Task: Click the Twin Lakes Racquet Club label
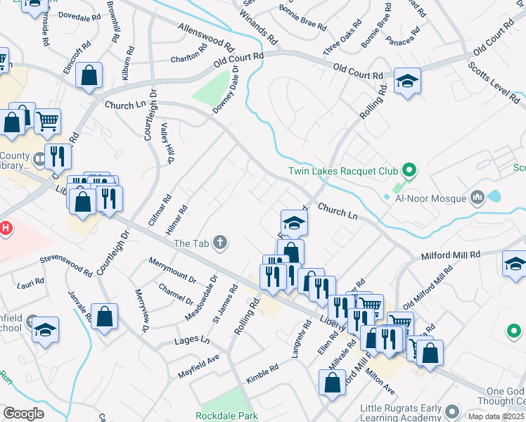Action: pyautogui.click(x=342, y=171)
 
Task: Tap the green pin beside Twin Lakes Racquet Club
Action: pyautogui.click(x=407, y=171)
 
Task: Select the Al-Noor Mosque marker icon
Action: pyautogui.click(x=479, y=197)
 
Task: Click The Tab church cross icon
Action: pyautogui.click(x=221, y=243)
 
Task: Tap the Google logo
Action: pyautogui.click(x=23, y=413)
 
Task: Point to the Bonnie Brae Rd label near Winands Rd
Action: pyautogui.click(x=303, y=19)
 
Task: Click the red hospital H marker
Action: pyautogui.click(x=5, y=229)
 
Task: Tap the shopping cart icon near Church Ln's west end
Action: pyautogui.click(x=47, y=122)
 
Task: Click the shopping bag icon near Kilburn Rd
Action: pyautogui.click(x=89, y=76)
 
